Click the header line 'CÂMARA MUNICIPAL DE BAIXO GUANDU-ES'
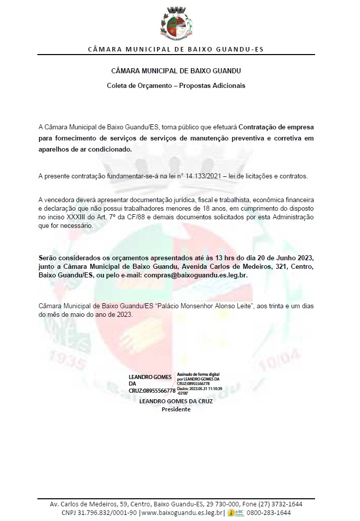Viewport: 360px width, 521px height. [x=176, y=50]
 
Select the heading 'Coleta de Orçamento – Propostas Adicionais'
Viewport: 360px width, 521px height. [x=176, y=85]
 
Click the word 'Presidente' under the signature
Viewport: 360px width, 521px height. [x=176, y=409]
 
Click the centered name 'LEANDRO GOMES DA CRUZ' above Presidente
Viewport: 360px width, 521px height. [x=176, y=401]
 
